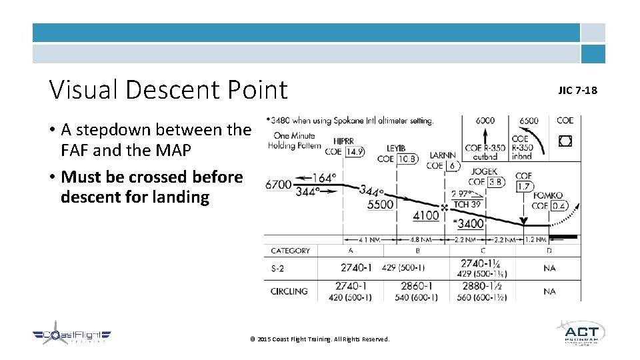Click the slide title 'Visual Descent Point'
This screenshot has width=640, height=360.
[168, 90]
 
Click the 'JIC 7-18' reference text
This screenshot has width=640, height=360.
[578, 90]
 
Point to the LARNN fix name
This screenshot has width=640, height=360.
[443, 155]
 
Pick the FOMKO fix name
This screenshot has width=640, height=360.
[548, 196]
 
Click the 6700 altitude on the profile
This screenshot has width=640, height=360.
[279, 184]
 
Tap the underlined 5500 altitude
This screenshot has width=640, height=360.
[380, 205]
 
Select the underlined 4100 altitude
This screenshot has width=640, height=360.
[426, 215]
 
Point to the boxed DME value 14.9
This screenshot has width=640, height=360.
[355, 152]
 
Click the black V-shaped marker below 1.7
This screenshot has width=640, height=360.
[523, 221]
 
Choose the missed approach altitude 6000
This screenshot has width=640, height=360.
[485, 121]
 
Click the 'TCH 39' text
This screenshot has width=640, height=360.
[467, 204]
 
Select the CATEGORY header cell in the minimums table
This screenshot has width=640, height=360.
[291, 251]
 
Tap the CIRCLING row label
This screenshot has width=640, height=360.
[289, 291]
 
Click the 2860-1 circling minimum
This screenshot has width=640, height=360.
[417, 285]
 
